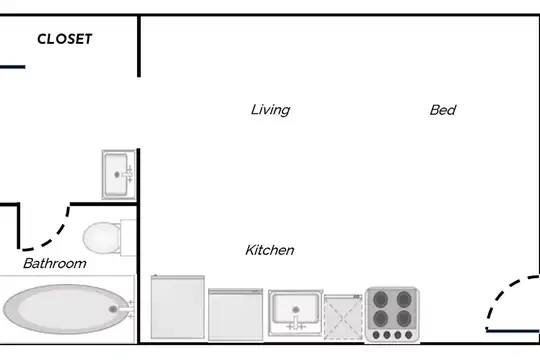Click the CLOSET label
(x=64, y=39)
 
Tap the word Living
(x=270, y=110)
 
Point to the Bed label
(x=443, y=110)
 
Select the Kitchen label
(x=270, y=250)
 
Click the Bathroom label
(x=55, y=264)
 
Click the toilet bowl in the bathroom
(x=102, y=238)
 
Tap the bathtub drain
(x=113, y=309)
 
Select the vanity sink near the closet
(x=118, y=174)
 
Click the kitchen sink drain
(x=295, y=310)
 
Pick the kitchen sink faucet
(x=296, y=323)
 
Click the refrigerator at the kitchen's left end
(x=178, y=307)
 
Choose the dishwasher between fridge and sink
(x=236, y=315)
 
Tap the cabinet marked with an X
(x=343, y=317)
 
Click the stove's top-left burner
(x=380, y=299)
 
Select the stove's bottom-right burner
(x=404, y=319)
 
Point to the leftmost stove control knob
(x=376, y=335)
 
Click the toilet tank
(x=128, y=238)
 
